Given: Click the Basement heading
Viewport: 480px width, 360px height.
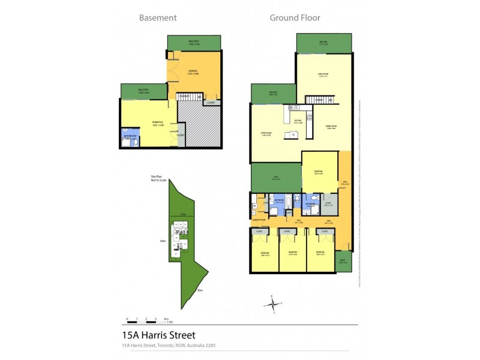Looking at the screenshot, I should tap(158, 17).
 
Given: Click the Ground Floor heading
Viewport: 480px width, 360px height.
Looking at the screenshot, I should tap(295, 17).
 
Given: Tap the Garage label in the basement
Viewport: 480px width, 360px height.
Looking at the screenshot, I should tap(192, 72).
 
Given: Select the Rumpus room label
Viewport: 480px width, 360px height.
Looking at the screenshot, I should tap(158, 124).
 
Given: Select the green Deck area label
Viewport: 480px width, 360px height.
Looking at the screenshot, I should tap(277, 178).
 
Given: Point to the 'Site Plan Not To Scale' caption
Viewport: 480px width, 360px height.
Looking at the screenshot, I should tap(158, 179).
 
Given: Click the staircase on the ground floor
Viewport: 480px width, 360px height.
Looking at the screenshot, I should tap(319, 100).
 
